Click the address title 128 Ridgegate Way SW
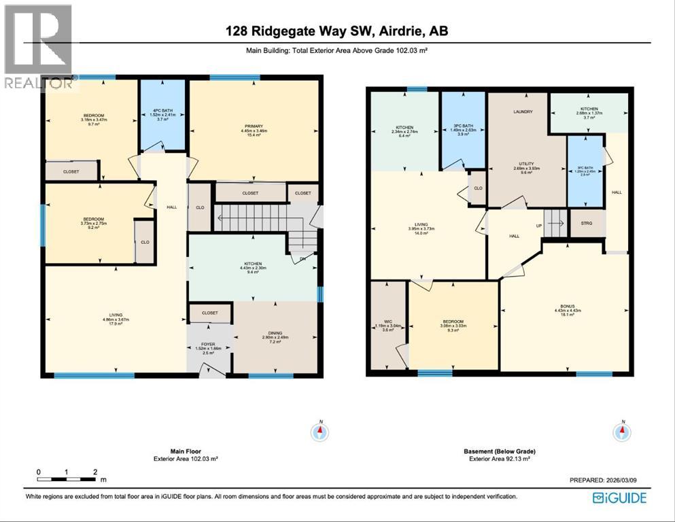[x=337, y=31]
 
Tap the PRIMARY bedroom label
[x=254, y=126]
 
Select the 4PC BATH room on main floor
[x=162, y=111]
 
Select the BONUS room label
[x=568, y=307]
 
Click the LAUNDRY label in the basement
[x=523, y=111]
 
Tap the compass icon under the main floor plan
[x=319, y=432]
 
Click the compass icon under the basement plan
[x=621, y=432]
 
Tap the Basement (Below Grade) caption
[x=499, y=451]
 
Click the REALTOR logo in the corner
[x=39, y=47]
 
